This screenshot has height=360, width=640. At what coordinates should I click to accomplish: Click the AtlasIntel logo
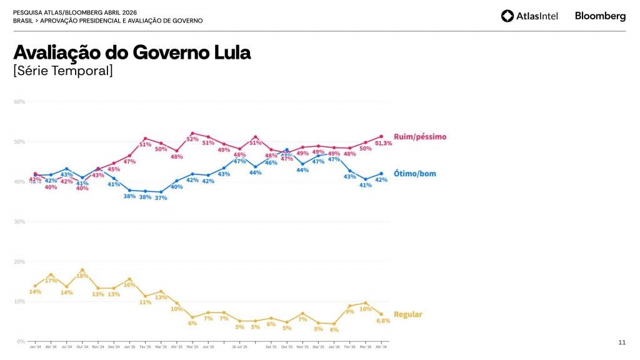pyautogui.click(x=529, y=16)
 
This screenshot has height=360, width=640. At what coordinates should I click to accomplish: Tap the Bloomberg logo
pyautogui.click(x=600, y=16)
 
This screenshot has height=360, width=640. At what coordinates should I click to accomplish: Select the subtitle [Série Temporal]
pyautogui.click(x=63, y=71)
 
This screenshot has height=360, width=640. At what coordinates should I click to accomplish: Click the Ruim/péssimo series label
pyautogui.click(x=420, y=137)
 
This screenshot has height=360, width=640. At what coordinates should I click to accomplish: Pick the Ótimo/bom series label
pyautogui.click(x=415, y=174)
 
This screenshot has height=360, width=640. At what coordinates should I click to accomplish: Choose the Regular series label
pyautogui.click(x=408, y=314)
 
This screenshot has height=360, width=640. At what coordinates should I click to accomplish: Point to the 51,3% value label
pyautogui.click(x=383, y=143)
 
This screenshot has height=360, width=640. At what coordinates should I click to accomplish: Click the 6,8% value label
pyautogui.click(x=382, y=321)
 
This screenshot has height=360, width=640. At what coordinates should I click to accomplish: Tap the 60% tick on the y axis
pyautogui.click(x=19, y=102)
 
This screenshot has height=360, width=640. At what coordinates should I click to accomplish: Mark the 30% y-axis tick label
pyautogui.click(x=19, y=222)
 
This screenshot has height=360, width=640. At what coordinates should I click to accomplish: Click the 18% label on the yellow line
pyautogui.click(x=82, y=276)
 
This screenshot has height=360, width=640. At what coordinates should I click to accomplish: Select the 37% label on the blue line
pyautogui.click(x=161, y=198)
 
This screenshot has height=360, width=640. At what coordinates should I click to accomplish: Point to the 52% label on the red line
pyautogui.click(x=192, y=139)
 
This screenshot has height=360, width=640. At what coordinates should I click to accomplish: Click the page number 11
pyautogui.click(x=621, y=342)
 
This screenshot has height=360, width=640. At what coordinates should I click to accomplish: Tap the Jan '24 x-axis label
pyautogui.click(x=35, y=347)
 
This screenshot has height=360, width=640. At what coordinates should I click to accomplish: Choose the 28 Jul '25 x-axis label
pyautogui.click(x=240, y=347)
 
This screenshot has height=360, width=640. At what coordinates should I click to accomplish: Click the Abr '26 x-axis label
pyautogui.click(x=381, y=347)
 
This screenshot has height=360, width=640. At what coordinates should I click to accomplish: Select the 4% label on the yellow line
pyautogui.click(x=334, y=329)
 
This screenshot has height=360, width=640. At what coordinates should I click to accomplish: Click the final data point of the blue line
pyautogui.click(x=381, y=174)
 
